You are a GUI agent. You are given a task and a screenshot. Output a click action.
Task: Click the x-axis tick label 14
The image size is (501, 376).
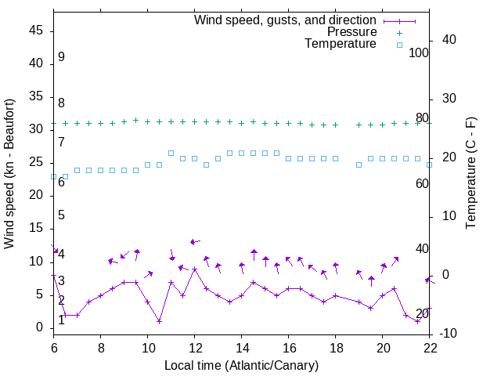(x=242, y=347)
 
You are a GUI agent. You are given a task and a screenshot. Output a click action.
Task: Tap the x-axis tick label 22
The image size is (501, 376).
(x=430, y=347)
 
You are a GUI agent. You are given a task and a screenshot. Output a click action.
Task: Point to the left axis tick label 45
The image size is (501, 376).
(x=37, y=31)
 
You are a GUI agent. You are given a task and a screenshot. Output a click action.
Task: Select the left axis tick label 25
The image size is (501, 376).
(x=37, y=163)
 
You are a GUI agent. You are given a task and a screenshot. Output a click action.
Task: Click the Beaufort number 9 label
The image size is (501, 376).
(x=61, y=57)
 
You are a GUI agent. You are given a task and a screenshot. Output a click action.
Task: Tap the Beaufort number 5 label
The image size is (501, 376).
(x=61, y=215)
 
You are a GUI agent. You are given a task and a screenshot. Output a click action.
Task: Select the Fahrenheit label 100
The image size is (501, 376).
(x=419, y=53)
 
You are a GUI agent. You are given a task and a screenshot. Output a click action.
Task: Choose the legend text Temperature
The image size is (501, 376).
(x=341, y=44)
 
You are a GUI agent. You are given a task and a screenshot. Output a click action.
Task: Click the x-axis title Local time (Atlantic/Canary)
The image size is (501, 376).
(x=241, y=365)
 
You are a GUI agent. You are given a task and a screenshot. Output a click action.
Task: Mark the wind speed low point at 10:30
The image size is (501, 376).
(x=159, y=321)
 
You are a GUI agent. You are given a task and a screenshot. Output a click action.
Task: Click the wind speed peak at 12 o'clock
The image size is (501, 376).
(x=194, y=269)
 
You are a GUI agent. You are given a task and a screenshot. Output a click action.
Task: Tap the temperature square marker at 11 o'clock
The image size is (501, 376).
(x=171, y=153)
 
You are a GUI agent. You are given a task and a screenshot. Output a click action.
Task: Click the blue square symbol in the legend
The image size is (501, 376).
(x=399, y=45)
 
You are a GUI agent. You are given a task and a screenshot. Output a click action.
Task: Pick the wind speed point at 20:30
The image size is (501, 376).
(x=394, y=288)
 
